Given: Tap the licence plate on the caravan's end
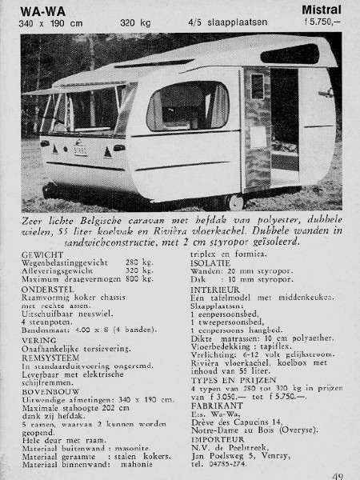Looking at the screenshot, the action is (80, 148).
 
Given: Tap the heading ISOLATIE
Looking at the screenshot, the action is (210, 262).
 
